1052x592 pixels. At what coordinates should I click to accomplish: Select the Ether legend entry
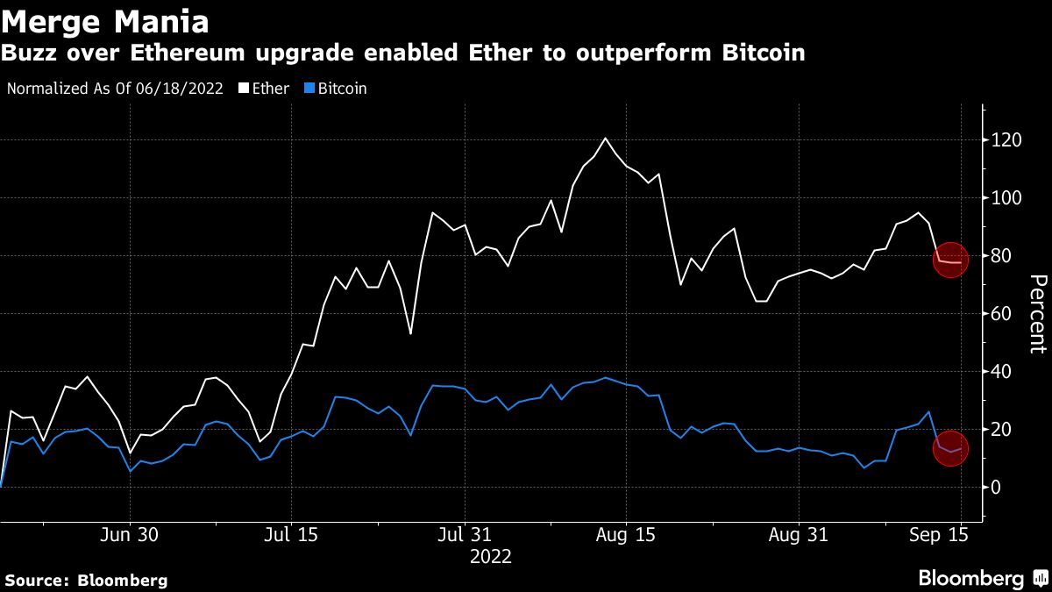264,89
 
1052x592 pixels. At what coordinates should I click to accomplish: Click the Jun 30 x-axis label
130,536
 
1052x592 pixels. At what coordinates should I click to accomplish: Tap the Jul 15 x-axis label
291,536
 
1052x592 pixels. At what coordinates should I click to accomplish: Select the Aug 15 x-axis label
626,536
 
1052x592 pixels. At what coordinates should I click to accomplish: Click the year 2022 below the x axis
491,556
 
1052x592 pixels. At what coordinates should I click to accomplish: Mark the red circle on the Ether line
949,261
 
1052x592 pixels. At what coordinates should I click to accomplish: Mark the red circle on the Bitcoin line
949,449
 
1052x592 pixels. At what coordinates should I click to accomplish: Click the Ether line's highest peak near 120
605,139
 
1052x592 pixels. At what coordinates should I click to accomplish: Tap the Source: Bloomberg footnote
86,580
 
